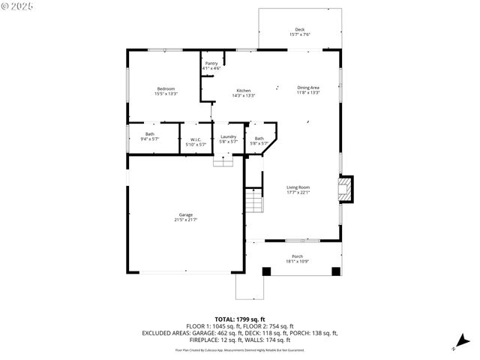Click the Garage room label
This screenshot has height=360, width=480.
[186, 215]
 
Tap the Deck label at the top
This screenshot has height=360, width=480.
[300, 29]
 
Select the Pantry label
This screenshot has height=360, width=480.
[211, 64]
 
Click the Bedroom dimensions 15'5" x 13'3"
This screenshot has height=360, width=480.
[166, 94]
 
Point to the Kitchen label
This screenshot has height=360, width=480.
[244, 91]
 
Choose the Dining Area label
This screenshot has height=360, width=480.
[308, 88]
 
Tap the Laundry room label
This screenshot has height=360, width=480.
[228, 136]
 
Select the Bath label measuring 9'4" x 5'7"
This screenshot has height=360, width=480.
[149, 134]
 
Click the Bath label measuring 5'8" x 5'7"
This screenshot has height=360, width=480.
[259, 138]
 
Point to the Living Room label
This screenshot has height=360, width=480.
[298, 187]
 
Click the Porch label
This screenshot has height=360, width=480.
[298, 256]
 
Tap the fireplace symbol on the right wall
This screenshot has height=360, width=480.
[346, 189]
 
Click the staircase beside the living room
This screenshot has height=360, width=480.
[254, 202]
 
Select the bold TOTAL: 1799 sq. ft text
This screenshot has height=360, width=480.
[240, 319]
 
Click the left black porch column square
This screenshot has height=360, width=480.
[264, 271]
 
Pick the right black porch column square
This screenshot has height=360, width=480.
[335, 271]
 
